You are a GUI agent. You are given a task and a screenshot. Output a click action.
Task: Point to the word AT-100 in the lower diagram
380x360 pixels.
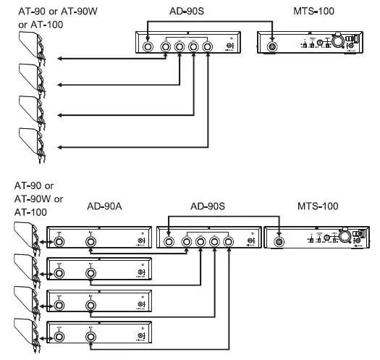tap(30, 212)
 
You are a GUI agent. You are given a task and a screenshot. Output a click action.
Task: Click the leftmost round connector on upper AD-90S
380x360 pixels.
tap(148, 47)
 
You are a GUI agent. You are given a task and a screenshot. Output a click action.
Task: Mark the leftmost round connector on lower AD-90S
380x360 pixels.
tap(168, 242)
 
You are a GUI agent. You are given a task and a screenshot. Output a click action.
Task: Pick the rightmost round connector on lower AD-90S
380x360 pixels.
tap(228, 242)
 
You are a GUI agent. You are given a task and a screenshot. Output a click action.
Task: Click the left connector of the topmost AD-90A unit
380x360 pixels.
tap(59, 242)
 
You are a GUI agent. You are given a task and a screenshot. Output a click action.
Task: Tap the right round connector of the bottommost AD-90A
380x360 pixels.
tap(90, 335)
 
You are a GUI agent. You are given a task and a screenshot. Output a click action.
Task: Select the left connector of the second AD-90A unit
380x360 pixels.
tap(59, 273)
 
